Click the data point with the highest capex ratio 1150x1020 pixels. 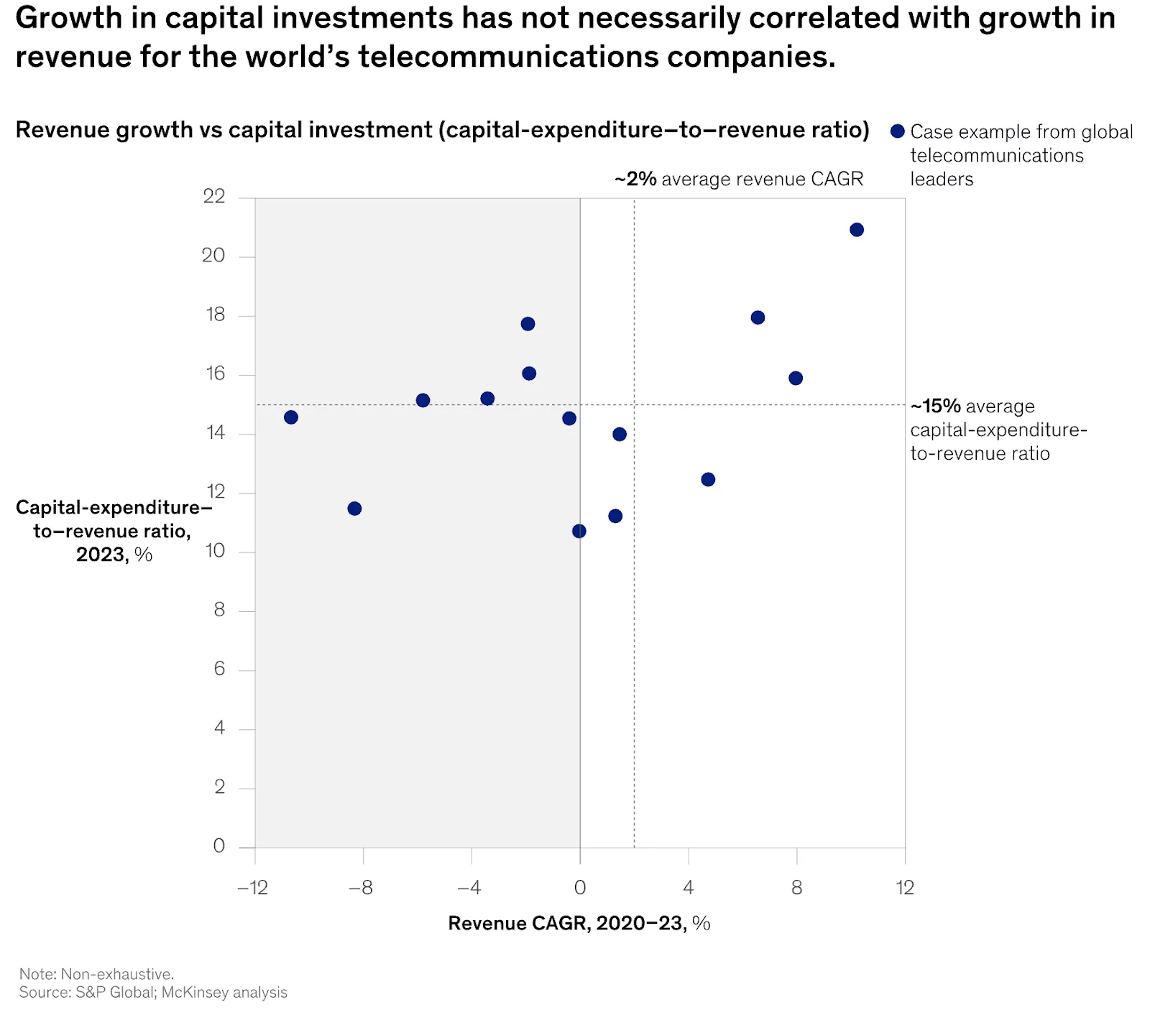[856, 230]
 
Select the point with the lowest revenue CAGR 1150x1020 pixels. [290, 417]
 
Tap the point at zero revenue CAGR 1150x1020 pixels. [579, 531]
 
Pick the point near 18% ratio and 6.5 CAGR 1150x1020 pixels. [758, 317]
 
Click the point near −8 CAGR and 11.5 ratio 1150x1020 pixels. [354, 509]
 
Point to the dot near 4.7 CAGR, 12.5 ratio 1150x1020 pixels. [708, 479]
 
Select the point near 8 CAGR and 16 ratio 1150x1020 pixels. [795, 378]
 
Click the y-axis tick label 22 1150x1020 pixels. [213, 196]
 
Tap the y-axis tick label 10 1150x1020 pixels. [214, 551]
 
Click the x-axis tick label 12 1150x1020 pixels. [904, 888]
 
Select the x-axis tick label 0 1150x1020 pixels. [579, 888]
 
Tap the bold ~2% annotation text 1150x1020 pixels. [635, 179]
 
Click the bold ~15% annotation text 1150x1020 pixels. [935, 407]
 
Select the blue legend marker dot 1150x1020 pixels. [897, 131]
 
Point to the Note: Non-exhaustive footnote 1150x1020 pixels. [96, 974]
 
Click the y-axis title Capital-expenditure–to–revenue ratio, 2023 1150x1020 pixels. [113, 531]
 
